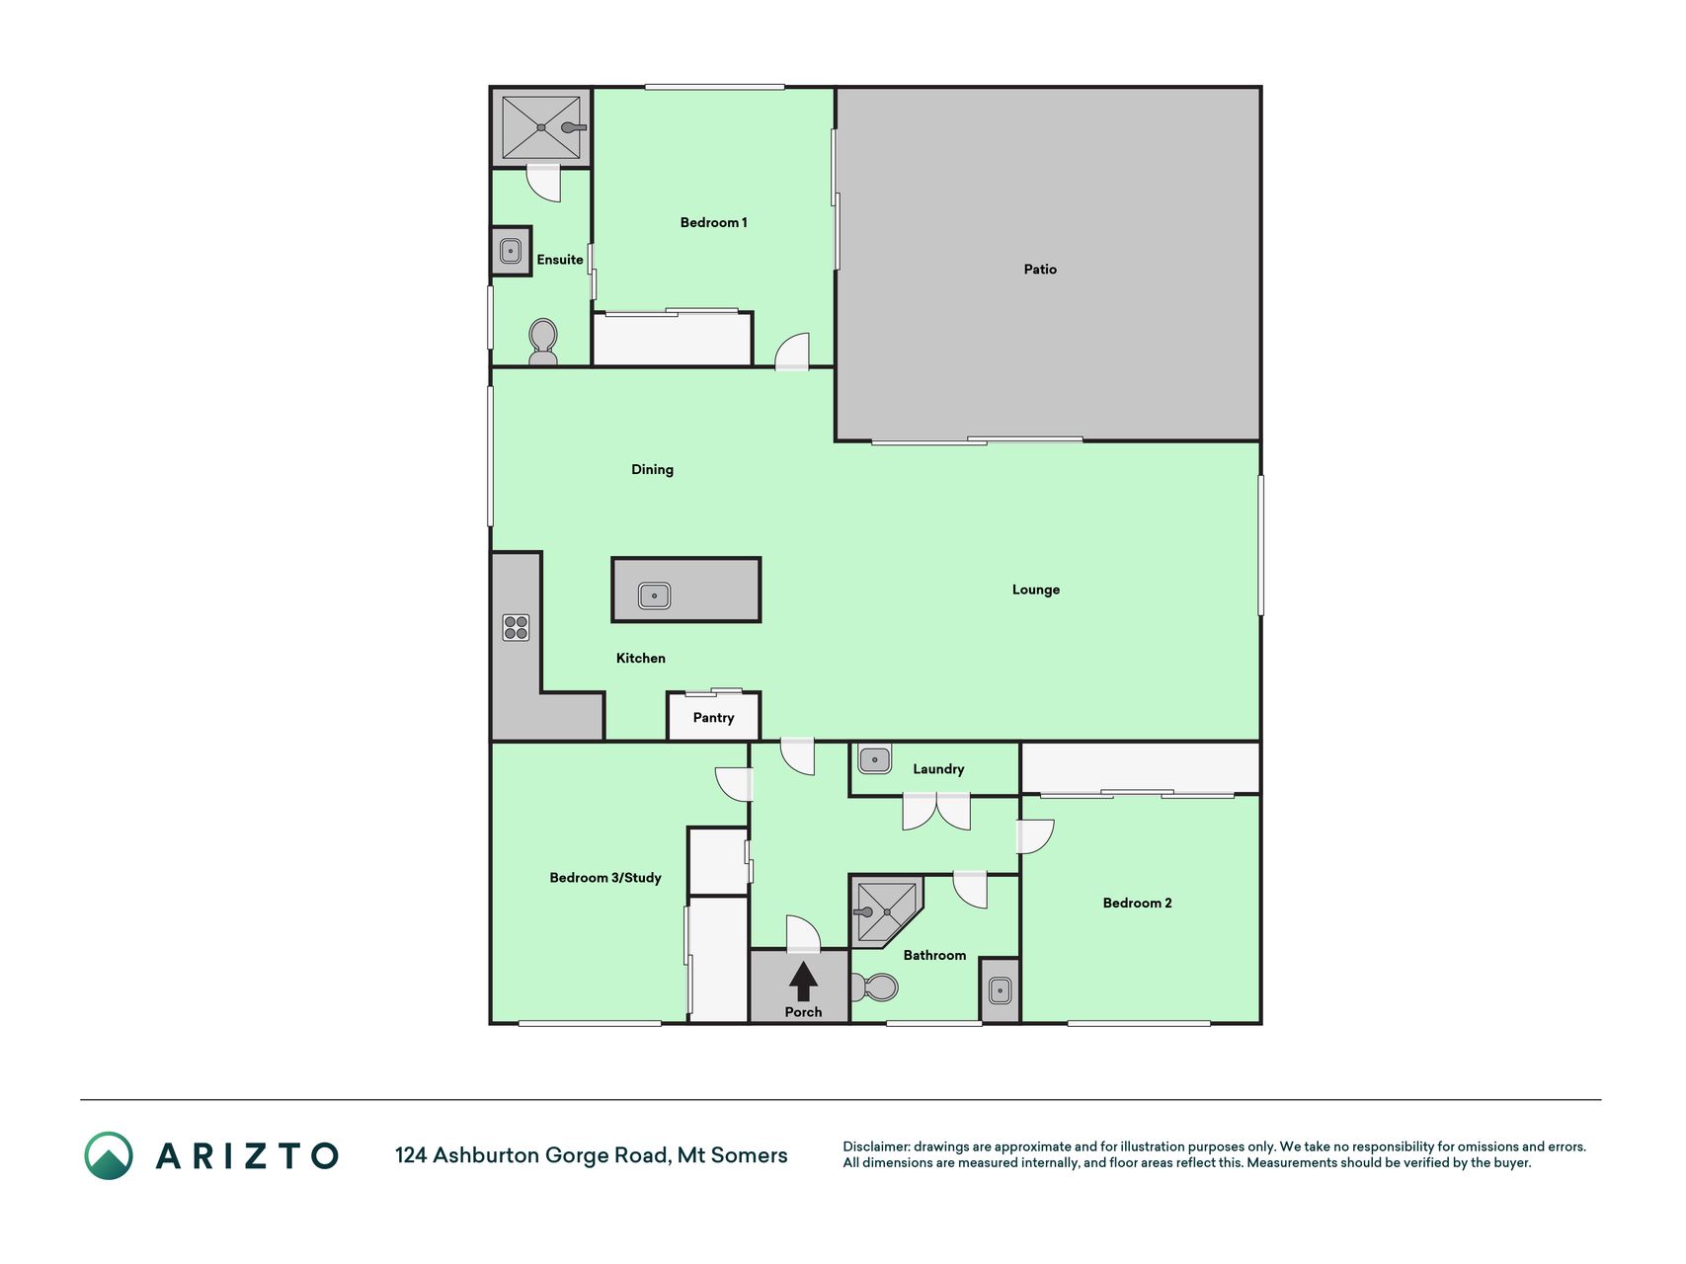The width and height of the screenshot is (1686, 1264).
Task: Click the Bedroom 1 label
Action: click(x=713, y=222)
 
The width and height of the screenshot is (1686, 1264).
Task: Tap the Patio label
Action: click(x=1040, y=269)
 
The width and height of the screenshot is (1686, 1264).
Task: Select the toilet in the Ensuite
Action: click(x=543, y=342)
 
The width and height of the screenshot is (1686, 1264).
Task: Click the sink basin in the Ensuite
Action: click(x=511, y=251)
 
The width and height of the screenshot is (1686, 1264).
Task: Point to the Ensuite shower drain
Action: click(x=541, y=127)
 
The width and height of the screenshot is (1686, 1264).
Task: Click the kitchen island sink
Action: click(x=654, y=595)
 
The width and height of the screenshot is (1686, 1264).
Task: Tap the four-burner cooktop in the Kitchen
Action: click(x=516, y=627)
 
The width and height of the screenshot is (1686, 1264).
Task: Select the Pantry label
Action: click(x=713, y=718)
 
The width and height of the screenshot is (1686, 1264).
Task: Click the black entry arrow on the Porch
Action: click(x=803, y=982)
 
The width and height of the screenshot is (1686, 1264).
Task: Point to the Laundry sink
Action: click(x=874, y=760)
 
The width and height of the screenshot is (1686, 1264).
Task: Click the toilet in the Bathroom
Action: click(x=874, y=987)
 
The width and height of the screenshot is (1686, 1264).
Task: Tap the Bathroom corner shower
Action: click(x=886, y=910)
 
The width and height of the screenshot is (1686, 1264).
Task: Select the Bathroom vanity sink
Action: click(x=1000, y=988)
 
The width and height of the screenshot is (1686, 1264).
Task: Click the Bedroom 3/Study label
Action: click(x=605, y=878)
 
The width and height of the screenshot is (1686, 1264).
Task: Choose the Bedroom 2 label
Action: click(x=1137, y=903)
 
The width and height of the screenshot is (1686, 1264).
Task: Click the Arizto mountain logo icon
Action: click(x=108, y=1155)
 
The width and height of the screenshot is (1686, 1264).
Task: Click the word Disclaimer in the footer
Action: click(x=875, y=1146)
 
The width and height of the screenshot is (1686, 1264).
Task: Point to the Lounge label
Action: click(x=1035, y=590)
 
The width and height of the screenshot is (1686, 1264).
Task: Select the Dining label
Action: click(x=652, y=469)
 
